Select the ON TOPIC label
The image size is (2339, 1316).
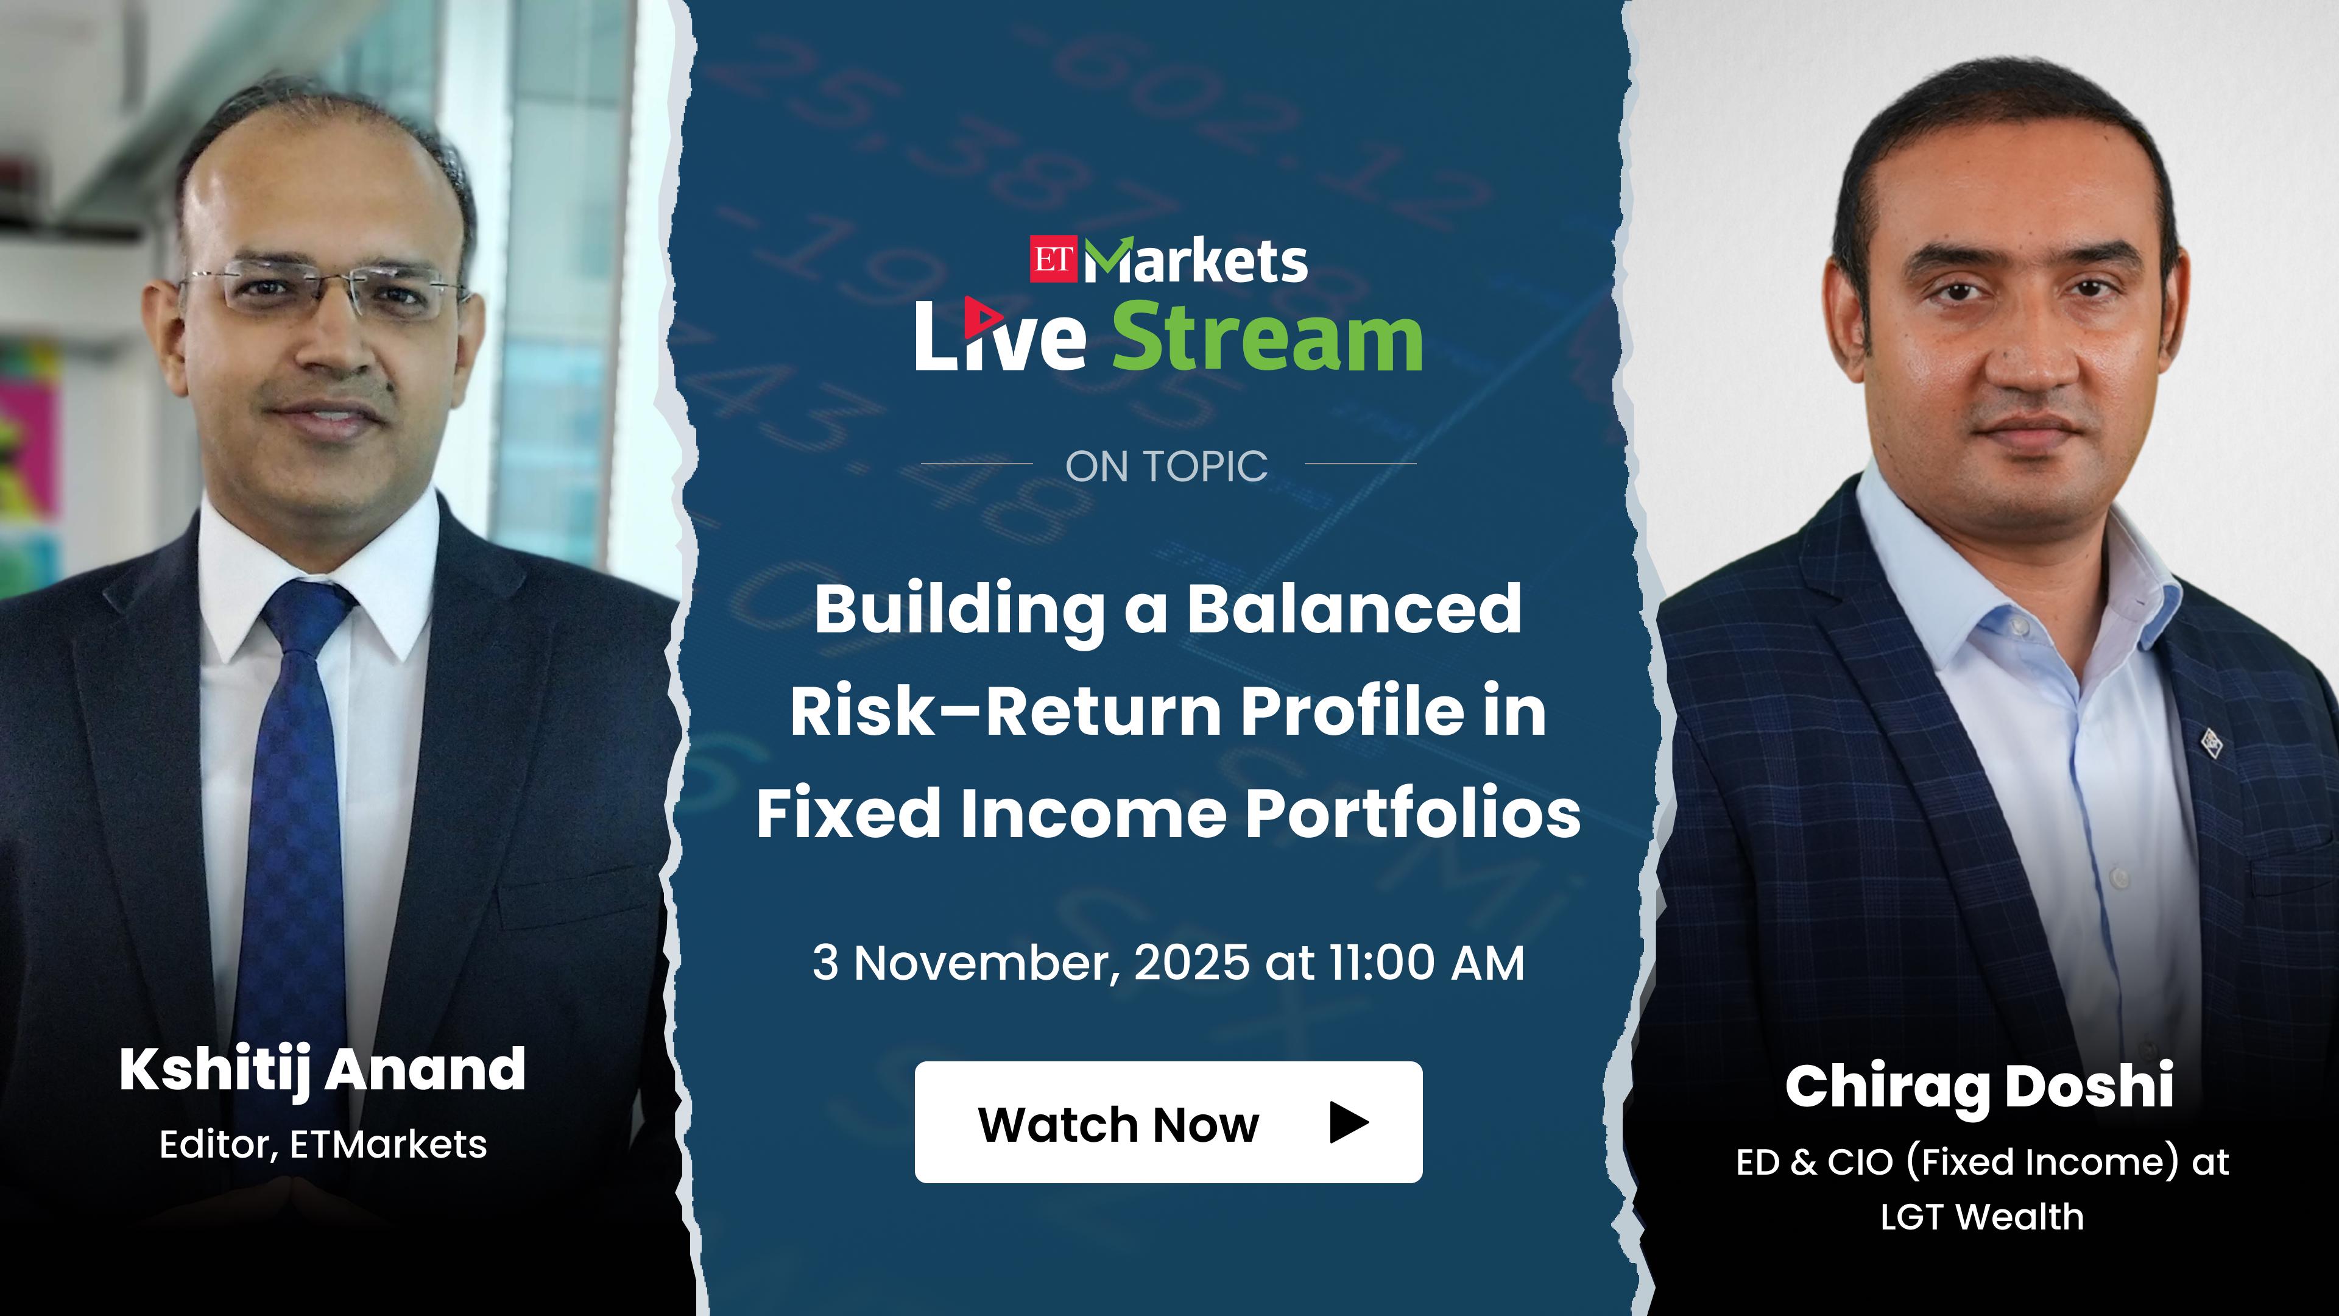click(1167, 467)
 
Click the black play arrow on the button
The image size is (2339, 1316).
click(1349, 1122)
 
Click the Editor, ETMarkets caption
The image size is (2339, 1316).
click(323, 1144)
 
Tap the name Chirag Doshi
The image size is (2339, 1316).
click(1980, 1086)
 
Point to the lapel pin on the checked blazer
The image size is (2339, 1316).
click(2212, 743)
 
